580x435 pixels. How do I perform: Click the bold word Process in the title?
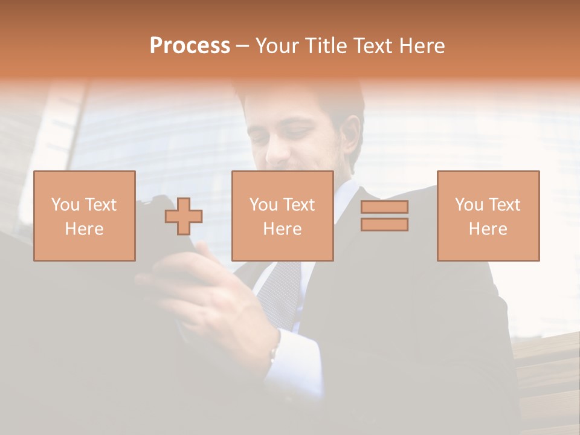coord(190,46)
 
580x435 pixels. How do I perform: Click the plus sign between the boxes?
coord(184,216)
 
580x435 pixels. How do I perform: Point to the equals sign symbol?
coord(384,216)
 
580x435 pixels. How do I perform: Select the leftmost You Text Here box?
coord(85,216)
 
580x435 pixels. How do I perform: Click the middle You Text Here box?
coord(282,216)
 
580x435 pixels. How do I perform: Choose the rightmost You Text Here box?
coord(488,216)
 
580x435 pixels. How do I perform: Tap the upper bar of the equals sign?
coord(384,207)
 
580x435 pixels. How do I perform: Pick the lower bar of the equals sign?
coord(384,225)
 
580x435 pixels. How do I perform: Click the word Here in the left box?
coord(85,228)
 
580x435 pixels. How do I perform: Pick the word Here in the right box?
coord(488,228)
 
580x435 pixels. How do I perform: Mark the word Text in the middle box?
coord(298,205)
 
